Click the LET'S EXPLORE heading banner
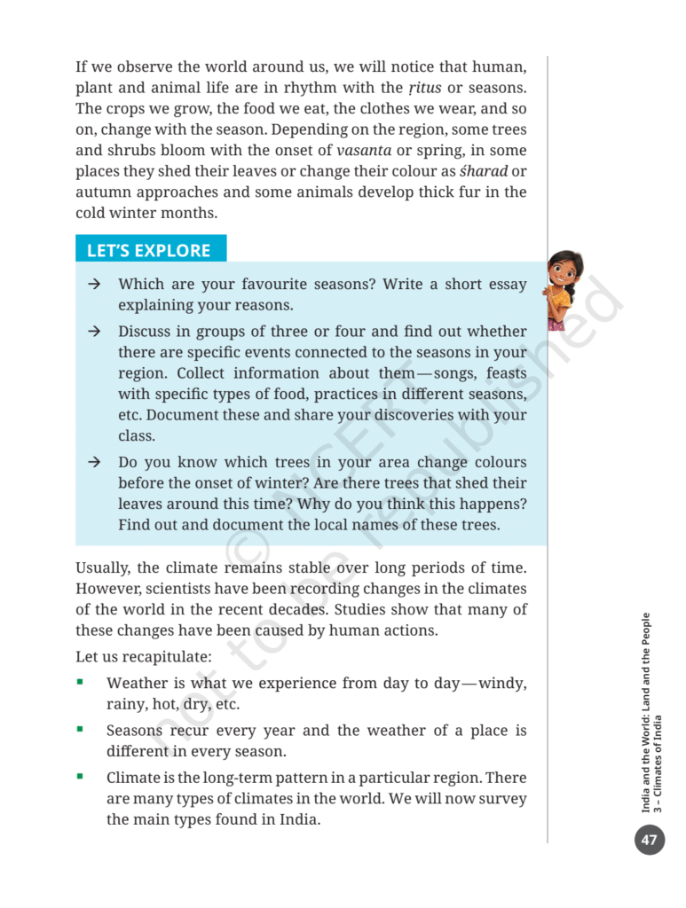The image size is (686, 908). [149, 250]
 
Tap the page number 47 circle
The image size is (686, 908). [649, 840]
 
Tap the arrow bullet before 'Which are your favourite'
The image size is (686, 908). [93, 285]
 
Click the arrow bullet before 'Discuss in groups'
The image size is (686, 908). [93, 332]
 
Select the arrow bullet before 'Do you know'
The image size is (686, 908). [93, 463]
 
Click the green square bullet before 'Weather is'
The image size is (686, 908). [81, 683]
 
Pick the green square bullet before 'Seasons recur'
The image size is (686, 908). [81, 730]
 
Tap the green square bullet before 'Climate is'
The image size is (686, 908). [81, 777]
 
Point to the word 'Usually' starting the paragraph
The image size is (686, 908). [102, 567]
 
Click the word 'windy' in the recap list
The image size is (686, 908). [502, 684]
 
